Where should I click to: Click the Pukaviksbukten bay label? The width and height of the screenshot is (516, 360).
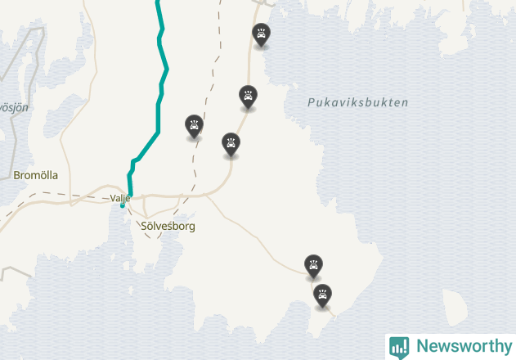coord(357,103)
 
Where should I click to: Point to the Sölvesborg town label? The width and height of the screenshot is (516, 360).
coord(168,226)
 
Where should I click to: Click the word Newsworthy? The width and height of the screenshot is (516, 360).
coord(463,346)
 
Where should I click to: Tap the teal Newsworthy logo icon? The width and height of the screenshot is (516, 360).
coord(399,347)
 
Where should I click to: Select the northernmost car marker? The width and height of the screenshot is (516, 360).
coord(261,34)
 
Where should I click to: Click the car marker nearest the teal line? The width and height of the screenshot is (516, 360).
coord(194,125)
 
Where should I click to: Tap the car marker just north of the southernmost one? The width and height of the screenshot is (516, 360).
coord(313,265)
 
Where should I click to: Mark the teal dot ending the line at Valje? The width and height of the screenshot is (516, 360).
coord(123,206)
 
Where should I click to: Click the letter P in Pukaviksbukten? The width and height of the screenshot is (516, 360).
coord(311,103)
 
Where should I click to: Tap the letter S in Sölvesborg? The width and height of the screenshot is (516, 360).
coord(145,226)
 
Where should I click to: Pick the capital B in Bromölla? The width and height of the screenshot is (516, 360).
coord(18,175)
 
